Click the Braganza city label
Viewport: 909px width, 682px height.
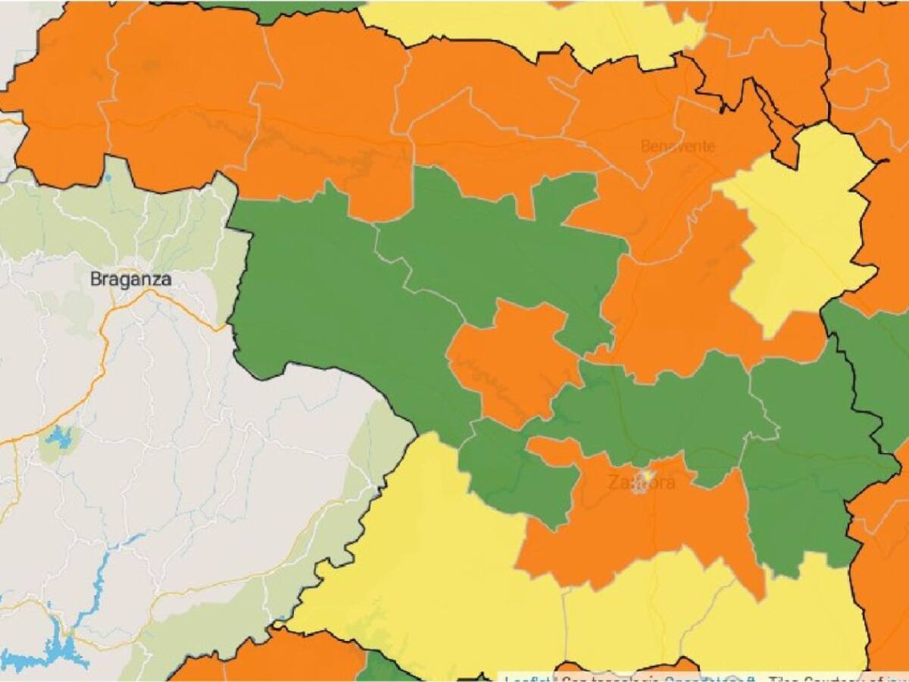(130, 279)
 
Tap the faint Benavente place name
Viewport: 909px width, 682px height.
(677, 145)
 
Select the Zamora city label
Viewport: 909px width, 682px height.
(641, 482)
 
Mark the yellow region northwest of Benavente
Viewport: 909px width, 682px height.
(530, 27)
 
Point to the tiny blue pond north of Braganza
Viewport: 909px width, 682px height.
(108, 178)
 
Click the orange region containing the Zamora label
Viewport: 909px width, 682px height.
(629, 523)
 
